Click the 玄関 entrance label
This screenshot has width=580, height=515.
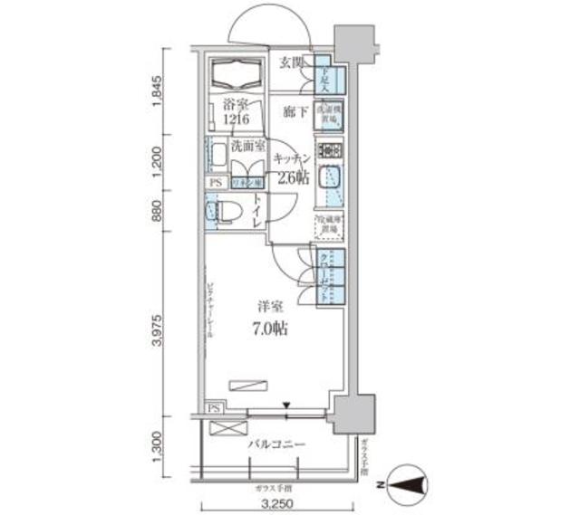[290, 62]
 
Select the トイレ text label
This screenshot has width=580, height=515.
[258, 211]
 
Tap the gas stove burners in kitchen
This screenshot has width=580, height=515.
[327, 150]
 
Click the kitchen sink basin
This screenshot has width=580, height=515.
[329, 176]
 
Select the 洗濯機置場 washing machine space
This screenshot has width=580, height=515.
[327, 110]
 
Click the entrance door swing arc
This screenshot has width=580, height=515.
[272, 23]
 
